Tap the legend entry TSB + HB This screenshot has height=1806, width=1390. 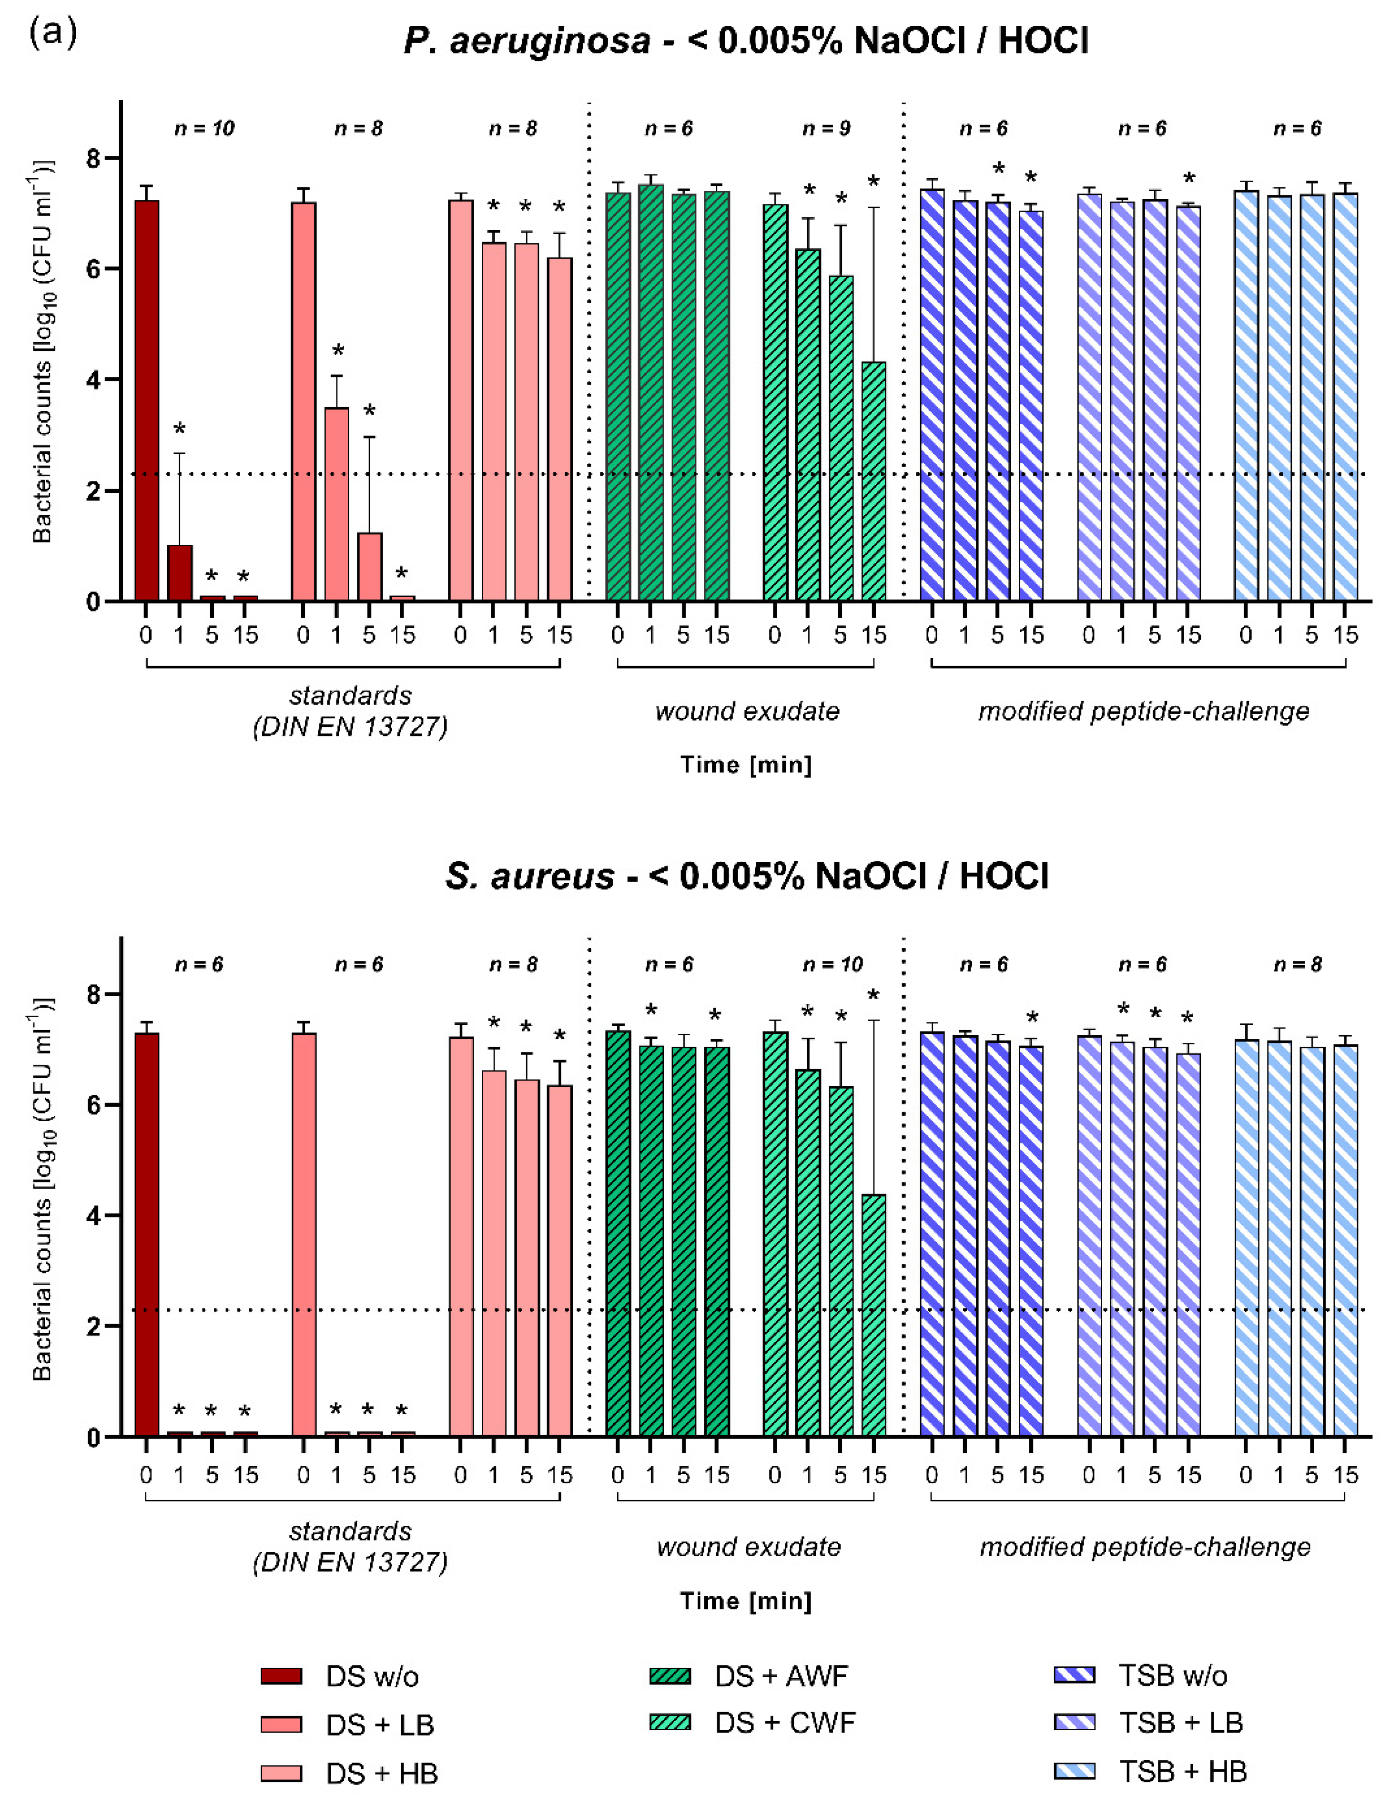click(x=1182, y=1771)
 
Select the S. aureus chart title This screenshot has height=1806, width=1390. click(x=747, y=876)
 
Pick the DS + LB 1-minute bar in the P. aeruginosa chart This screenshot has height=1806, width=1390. click(x=336, y=504)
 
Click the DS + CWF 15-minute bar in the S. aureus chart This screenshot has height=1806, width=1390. click(x=873, y=1315)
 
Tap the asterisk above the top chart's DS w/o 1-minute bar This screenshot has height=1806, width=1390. click(x=180, y=429)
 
